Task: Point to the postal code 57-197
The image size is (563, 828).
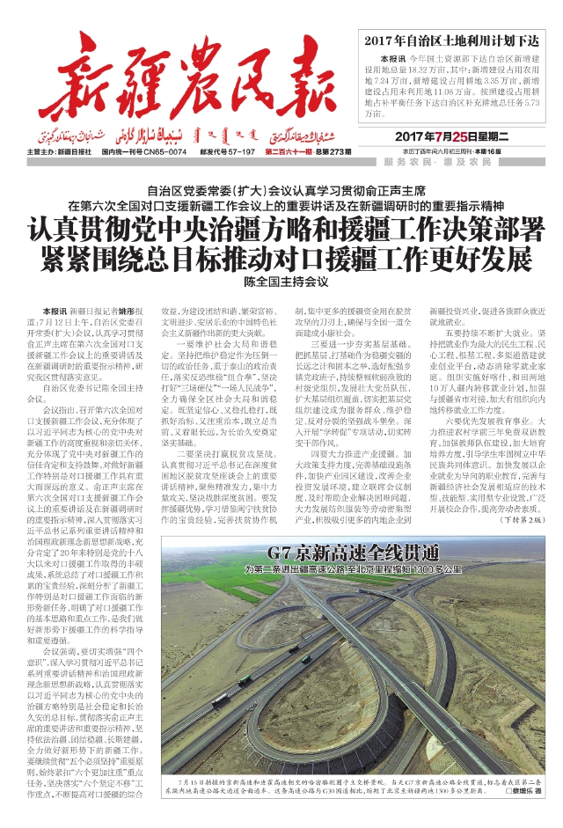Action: (x=238, y=152)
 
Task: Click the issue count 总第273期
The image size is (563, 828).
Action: (x=326, y=152)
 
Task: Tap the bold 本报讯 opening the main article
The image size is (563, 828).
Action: (x=54, y=311)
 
